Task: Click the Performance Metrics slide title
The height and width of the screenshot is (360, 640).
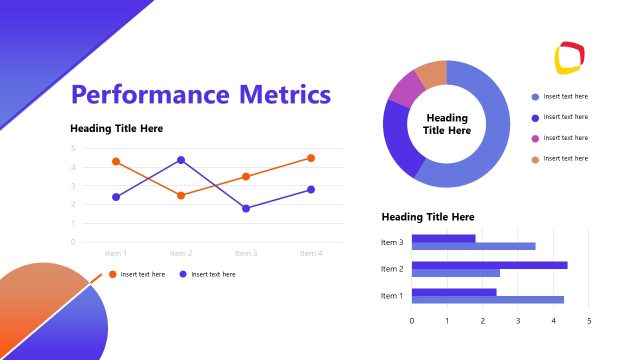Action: pyautogui.click(x=201, y=95)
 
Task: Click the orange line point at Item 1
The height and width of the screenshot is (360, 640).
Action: pyautogui.click(x=116, y=161)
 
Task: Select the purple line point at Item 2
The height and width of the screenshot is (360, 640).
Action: pyautogui.click(x=181, y=160)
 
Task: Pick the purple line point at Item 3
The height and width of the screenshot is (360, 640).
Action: pyautogui.click(x=246, y=208)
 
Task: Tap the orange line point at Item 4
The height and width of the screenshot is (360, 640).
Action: pyautogui.click(x=311, y=158)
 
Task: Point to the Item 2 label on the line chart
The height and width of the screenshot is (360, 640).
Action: pyautogui.click(x=181, y=254)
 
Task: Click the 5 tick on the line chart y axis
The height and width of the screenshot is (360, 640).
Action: pyautogui.click(x=73, y=148)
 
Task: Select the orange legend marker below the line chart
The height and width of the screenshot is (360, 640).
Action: pyautogui.click(x=112, y=274)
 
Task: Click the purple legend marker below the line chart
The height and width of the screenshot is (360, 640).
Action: pyautogui.click(x=183, y=274)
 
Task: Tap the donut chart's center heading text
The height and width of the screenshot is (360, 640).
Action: pyautogui.click(x=447, y=124)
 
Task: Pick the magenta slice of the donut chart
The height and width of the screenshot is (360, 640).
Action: pyautogui.click(x=405, y=90)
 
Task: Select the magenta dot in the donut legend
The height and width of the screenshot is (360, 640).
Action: pyautogui.click(x=535, y=138)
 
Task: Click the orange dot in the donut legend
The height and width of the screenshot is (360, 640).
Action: pyautogui.click(x=535, y=159)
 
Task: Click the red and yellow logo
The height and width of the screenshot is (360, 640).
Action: pyautogui.click(x=569, y=58)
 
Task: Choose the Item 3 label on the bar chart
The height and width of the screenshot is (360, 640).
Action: pyautogui.click(x=392, y=242)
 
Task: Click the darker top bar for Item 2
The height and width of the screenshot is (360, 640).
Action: pyautogui.click(x=489, y=265)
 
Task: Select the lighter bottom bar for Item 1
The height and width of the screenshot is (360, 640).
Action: pyautogui.click(x=487, y=300)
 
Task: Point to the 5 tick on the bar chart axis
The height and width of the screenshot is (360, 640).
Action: pyautogui.click(x=589, y=321)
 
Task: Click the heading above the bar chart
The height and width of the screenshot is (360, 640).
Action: pyautogui.click(x=428, y=217)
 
